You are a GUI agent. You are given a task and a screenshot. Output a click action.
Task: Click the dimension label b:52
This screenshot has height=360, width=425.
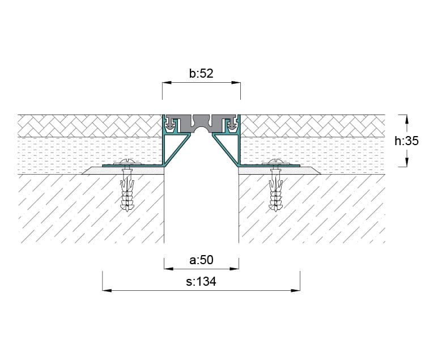(201, 74)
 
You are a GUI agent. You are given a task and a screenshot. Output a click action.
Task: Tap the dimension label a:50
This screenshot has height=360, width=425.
(201, 260)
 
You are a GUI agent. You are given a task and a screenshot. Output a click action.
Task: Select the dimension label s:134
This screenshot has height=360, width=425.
(201, 281)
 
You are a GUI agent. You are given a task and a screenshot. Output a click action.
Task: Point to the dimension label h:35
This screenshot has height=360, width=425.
(406, 141)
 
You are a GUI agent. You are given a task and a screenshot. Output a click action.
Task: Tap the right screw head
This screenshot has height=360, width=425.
(275, 162)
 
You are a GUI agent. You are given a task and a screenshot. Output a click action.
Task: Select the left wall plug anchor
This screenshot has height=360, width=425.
(127, 190)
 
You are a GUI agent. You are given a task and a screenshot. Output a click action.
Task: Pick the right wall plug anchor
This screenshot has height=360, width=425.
(275, 190)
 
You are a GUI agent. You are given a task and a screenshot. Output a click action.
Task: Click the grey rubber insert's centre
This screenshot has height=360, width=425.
(201, 122)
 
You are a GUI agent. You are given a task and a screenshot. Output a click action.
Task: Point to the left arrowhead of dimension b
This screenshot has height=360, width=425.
(167, 82)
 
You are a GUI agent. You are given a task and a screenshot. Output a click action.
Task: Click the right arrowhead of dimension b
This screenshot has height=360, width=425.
(236, 82)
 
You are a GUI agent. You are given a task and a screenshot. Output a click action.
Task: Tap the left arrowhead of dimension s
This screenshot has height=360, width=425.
(107, 291)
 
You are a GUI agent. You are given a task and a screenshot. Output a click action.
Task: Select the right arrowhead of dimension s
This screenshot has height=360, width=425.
(295, 291)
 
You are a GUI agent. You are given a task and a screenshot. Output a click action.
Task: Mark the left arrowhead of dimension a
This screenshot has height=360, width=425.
(169, 269)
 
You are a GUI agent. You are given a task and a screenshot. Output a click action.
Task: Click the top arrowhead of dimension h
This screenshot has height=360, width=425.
(406, 119)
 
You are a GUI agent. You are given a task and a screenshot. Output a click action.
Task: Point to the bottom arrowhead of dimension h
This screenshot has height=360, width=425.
(406, 162)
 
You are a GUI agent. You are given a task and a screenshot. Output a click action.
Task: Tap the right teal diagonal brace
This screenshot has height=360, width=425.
(226, 150)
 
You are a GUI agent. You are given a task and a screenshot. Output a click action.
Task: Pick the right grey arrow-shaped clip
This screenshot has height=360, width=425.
(232, 124)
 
